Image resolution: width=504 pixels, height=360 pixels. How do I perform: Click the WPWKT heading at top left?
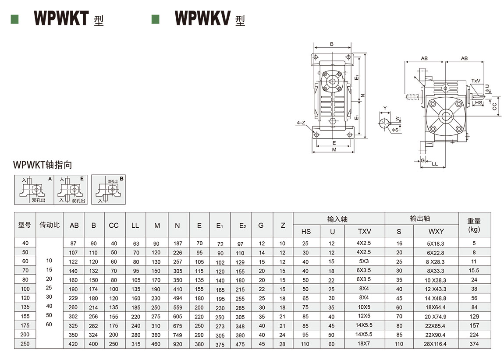[x=69, y=18]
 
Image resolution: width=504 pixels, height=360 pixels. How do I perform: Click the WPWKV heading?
[x=210, y=18]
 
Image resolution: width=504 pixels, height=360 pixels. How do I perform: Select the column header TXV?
[x=364, y=231]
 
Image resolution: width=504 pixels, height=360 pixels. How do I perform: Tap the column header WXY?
[x=436, y=231]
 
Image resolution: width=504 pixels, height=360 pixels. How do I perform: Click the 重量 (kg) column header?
[x=474, y=225]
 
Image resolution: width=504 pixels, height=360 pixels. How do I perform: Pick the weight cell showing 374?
[x=474, y=344]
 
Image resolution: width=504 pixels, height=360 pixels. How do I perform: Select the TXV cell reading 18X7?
[x=364, y=344]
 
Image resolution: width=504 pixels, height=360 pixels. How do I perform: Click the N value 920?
[x=177, y=344]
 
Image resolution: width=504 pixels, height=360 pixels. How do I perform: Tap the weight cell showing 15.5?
[x=474, y=271]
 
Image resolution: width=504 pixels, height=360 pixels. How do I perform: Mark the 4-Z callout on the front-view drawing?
[x=301, y=123]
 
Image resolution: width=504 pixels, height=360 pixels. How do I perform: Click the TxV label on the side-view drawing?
[x=476, y=81]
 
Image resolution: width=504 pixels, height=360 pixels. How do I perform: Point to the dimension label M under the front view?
[x=334, y=150]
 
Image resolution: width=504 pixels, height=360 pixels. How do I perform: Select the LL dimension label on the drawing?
[x=435, y=164]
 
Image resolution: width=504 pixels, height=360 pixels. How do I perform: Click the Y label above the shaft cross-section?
[x=385, y=108]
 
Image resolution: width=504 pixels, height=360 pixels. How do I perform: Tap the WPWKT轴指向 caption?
[x=43, y=165]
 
